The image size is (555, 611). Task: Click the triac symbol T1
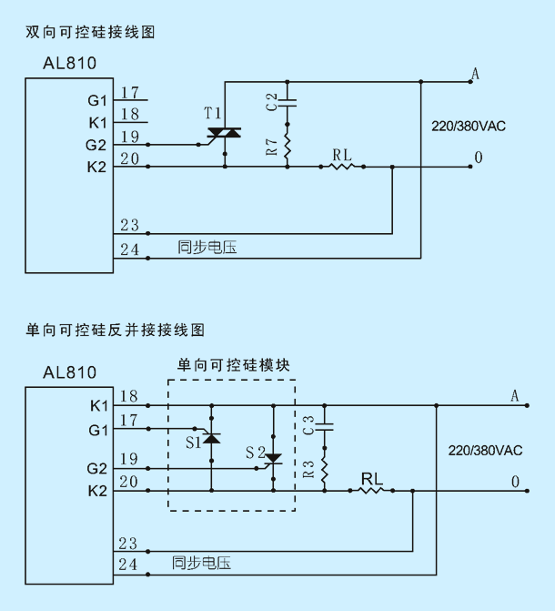click(x=225, y=133)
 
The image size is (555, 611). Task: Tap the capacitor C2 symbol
click(x=288, y=103)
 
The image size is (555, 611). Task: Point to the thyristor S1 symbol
click(x=211, y=438)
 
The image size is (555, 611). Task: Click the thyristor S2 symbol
click(x=273, y=459)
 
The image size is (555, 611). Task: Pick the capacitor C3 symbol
click(x=325, y=427)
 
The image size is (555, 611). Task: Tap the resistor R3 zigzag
click(x=325, y=470)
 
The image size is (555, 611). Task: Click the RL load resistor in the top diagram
click(x=342, y=167)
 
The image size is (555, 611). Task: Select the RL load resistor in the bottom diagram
click(x=371, y=491)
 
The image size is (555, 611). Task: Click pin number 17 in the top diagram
click(x=130, y=93)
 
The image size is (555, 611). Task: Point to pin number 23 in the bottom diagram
click(x=128, y=544)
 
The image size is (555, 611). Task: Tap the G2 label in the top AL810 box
click(x=96, y=146)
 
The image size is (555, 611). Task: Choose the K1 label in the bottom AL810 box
click(x=98, y=406)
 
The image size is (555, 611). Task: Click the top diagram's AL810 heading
click(x=70, y=63)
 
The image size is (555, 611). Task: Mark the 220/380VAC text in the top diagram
click(x=469, y=127)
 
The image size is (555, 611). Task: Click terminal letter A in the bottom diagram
click(x=514, y=396)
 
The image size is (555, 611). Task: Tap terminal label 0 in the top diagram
click(x=479, y=158)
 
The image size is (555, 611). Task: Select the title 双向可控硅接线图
click(x=90, y=32)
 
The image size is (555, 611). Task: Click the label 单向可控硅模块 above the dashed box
click(x=233, y=365)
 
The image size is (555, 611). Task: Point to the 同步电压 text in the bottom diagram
click(x=201, y=563)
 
